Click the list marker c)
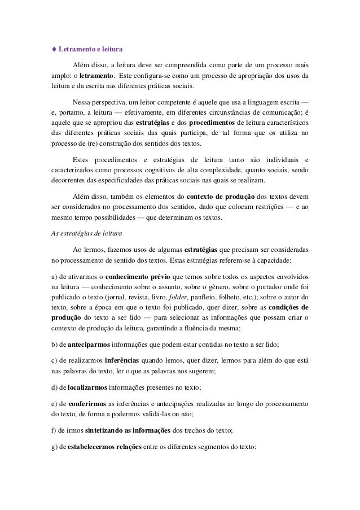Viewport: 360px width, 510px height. pyautogui.click(x=55, y=360)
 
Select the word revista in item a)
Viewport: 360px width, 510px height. pyautogui.click(x=140, y=298)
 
